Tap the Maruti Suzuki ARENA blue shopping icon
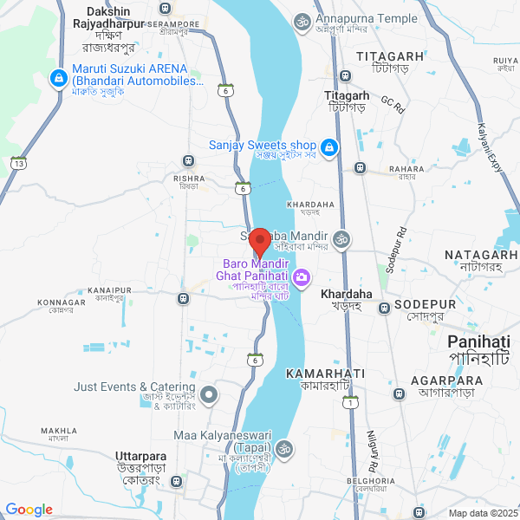[x=58, y=78]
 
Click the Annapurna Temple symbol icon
[x=302, y=22]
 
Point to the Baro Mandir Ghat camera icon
[x=302, y=278]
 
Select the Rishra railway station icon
[x=187, y=160]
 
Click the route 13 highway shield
[x=18, y=163]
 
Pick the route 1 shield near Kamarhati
[x=349, y=402]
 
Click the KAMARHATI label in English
[x=325, y=372]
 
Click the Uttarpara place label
[x=140, y=455]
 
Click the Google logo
[x=29, y=510]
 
